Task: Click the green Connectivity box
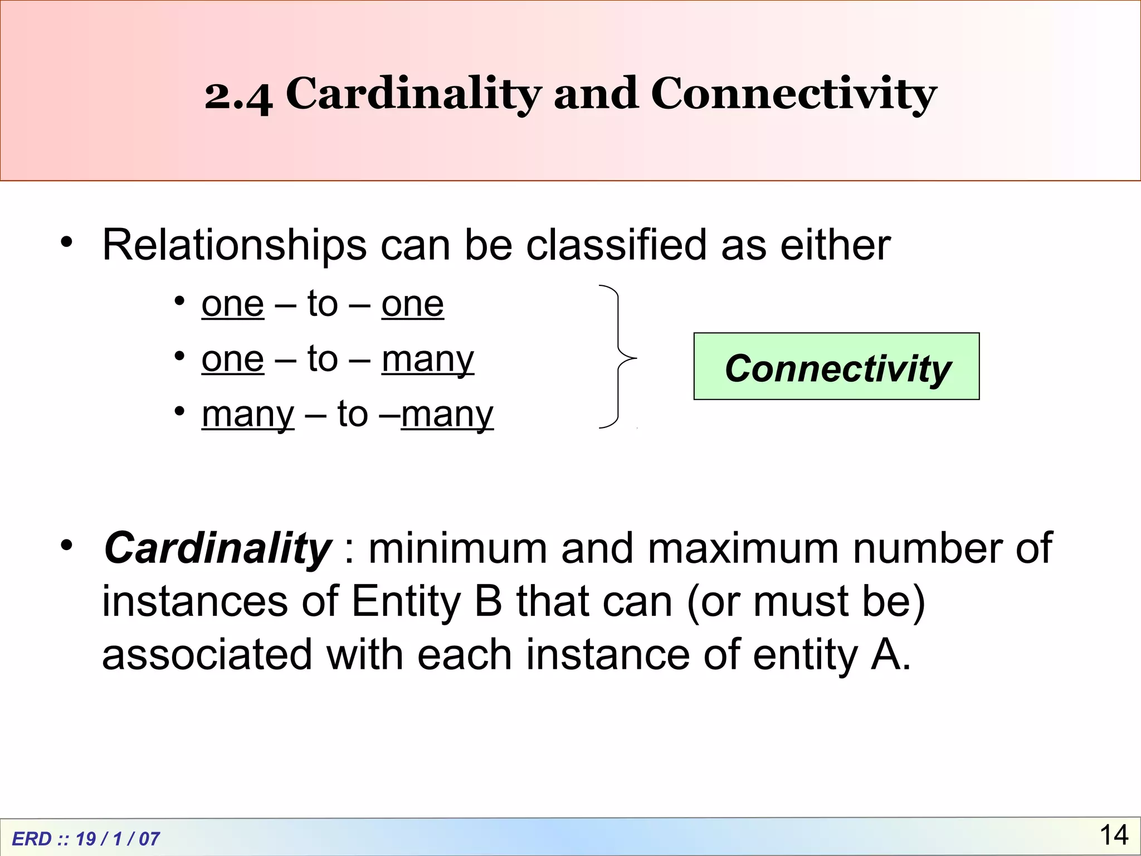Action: pyautogui.click(x=836, y=367)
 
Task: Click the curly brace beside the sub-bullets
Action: pyautogui.click(x=618, y=357)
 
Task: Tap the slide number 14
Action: pyautogui.click(x=1114, y=835)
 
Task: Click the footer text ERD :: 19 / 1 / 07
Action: pyautogui.click(x=86, y=839)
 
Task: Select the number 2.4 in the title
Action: pyautogui.click(x=238, y=95)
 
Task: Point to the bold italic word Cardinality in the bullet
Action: pyautogui.click(x=218, y=548)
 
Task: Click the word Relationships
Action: pyautogui.click(x=235, y=245)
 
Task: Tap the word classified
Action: pyautogui.click(x=616, y=245)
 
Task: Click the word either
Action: pyautogui.click(x=835, y=245)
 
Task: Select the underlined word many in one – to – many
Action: pyautogui.click(x=428, y=359)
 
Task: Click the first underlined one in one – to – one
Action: pyautogui.click(x=233, y=304)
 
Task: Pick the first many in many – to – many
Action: pyautogui.click(x=248, y=415)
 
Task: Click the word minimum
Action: pyautogui.click(x=458, y=548)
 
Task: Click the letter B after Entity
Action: pyautogui.click(x=489, y=601)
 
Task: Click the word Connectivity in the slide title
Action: pyautogui.click(x=793, y=94)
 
